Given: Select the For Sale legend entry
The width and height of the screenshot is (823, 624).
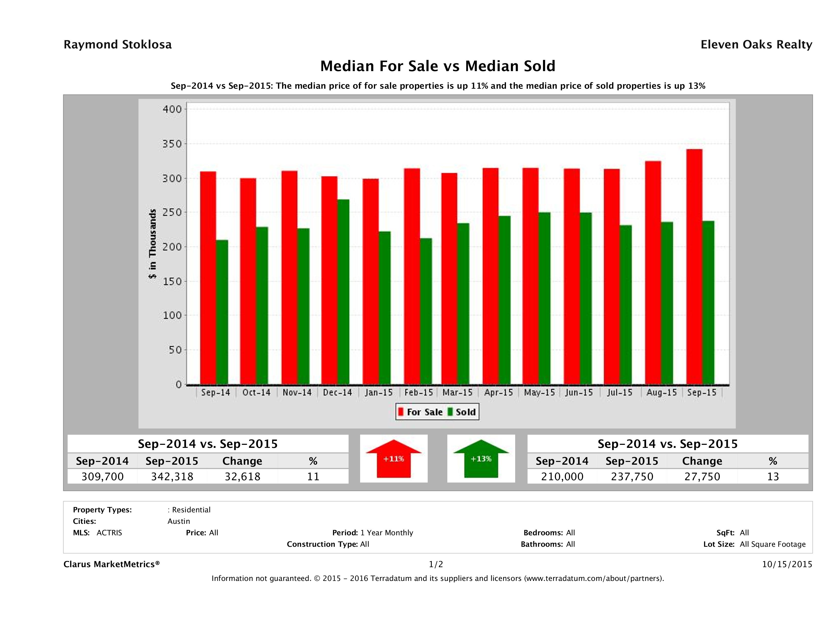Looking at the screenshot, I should coord(421,412).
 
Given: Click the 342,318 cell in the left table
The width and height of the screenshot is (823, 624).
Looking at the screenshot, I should coord(172,476).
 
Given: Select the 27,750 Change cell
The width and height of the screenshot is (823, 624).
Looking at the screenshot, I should coord(702,476).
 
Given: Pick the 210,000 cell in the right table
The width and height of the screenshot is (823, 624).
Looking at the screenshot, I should coord(562,476).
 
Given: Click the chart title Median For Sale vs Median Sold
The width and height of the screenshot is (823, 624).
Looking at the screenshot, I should coord(438,66).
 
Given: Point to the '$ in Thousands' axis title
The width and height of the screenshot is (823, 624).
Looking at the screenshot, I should coord(153,244).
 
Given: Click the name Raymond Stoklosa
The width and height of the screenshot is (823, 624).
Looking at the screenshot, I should coord(118,45).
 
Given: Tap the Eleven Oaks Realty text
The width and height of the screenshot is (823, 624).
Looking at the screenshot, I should coord(756,45).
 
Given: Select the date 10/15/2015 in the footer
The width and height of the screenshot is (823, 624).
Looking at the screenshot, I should coord(787,564).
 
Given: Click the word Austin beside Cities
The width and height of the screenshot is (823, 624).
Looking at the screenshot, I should coord(179,521).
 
